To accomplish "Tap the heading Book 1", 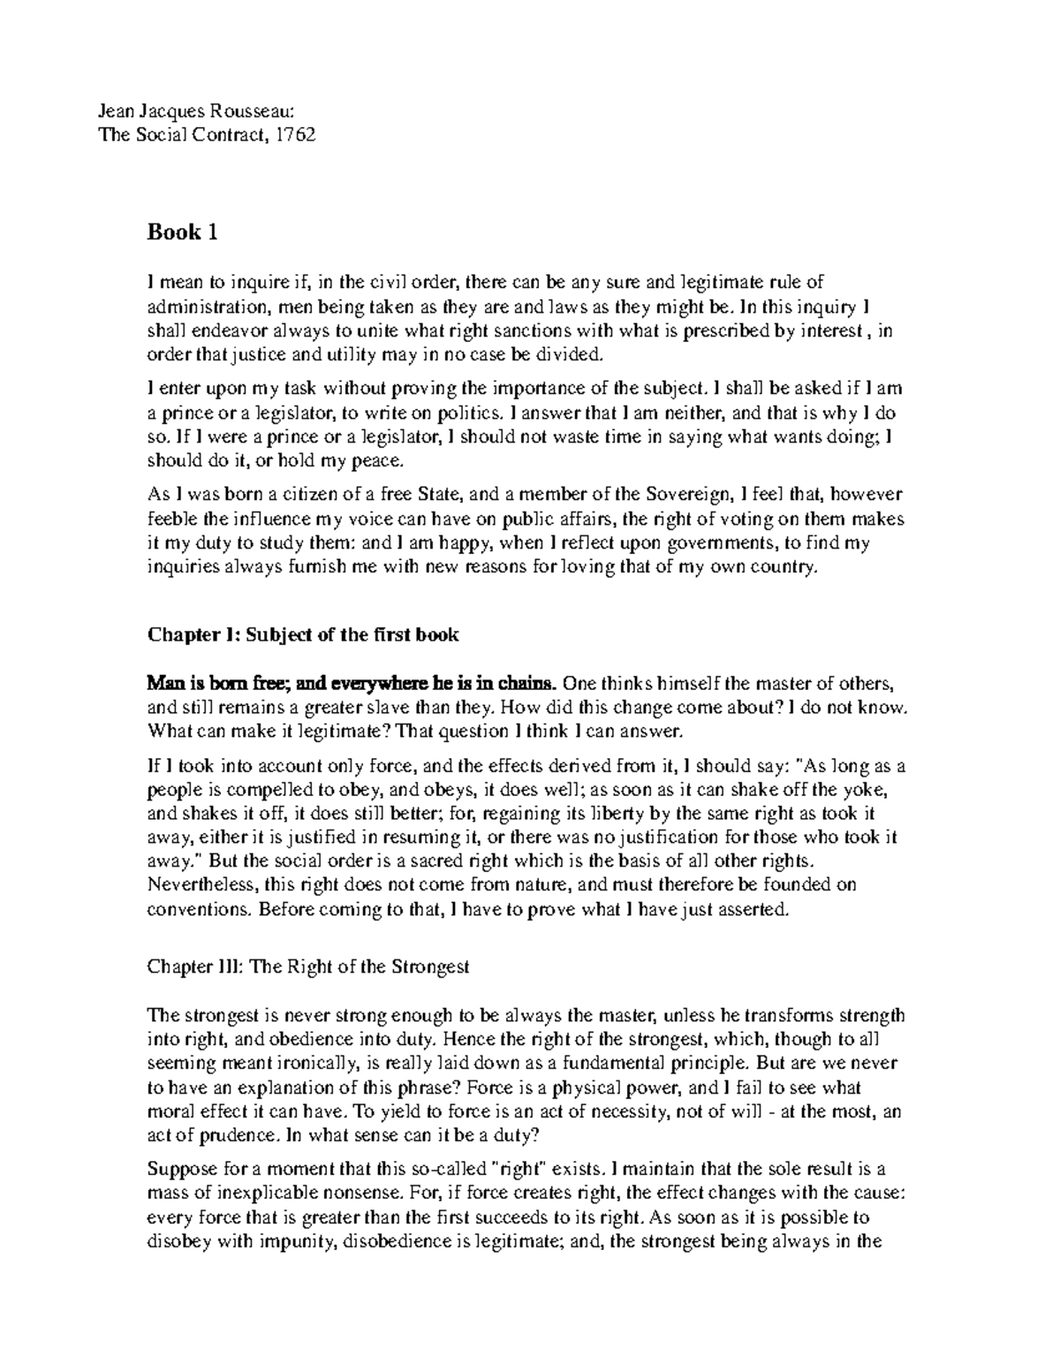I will pos(182,233).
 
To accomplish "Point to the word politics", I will pos(475,412).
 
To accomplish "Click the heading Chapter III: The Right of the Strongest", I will pos(307,967).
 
